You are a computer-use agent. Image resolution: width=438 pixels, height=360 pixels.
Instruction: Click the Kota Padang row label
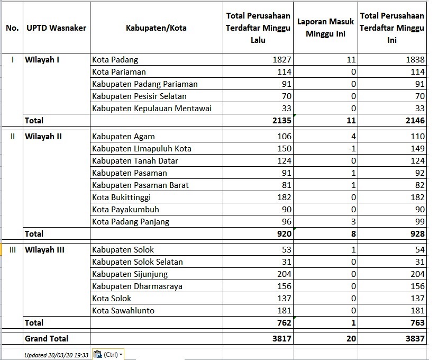[115, 60]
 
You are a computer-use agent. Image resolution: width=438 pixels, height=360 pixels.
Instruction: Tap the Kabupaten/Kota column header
[156, 28]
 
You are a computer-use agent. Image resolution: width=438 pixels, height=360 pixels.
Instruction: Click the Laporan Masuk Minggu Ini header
[325, 27]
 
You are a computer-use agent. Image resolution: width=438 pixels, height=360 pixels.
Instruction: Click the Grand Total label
[47, 338]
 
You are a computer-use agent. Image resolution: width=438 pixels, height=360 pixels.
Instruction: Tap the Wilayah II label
[43, 137]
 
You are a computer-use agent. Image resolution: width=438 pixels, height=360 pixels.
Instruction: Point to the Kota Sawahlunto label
[123, 311]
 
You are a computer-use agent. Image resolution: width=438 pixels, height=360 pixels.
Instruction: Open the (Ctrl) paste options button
[108, 354]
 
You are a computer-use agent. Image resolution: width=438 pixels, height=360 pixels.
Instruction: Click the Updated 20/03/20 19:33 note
[57, 355]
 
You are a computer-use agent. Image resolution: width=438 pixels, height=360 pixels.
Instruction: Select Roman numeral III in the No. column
[12, 250]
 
